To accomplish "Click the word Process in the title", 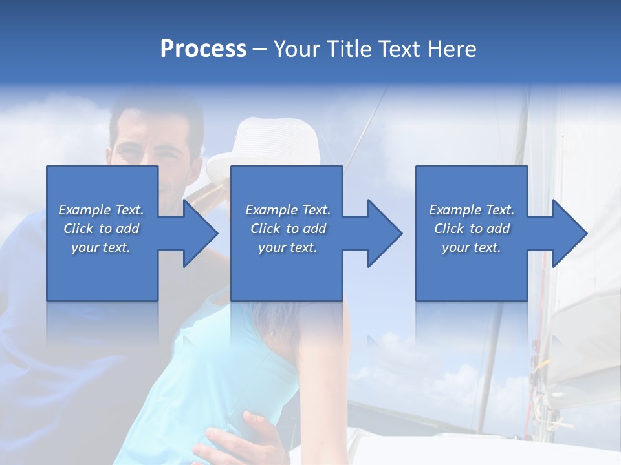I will [x=203, y=49].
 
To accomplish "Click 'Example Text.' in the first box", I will [x=101, y=210].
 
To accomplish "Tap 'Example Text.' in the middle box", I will [x=288, y=210].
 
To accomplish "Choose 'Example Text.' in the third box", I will [x=472, y=210].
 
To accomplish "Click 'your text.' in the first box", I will [x=101, y=247].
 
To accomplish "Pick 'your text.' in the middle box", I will [x=288, y=247].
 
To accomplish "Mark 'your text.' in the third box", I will [x=472, y=247].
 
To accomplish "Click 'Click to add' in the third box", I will [x=472, y=229].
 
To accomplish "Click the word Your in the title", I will [x=297, y=49].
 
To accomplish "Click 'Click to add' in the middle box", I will [x=288, y=229].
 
